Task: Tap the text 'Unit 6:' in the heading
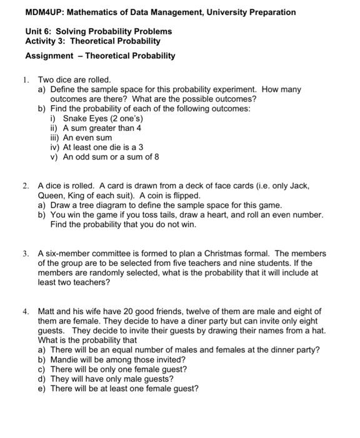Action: (39, 31)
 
